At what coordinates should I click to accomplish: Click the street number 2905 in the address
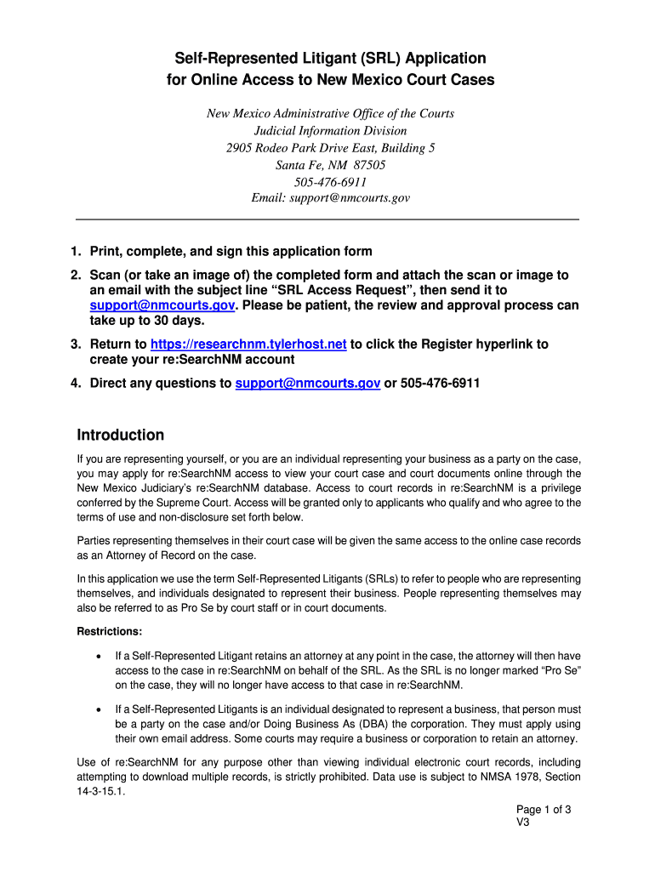[x=241, y=148]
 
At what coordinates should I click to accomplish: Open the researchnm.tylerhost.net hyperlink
[x=248, y=344]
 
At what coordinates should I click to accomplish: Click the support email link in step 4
[x=308, y=384]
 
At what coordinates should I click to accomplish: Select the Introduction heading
[x=120, y=435]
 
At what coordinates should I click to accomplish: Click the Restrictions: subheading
[x=110, y=632]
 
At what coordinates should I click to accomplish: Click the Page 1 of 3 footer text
[x=544, y=810]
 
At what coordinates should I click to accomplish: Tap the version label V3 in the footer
[x=523, y=823]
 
